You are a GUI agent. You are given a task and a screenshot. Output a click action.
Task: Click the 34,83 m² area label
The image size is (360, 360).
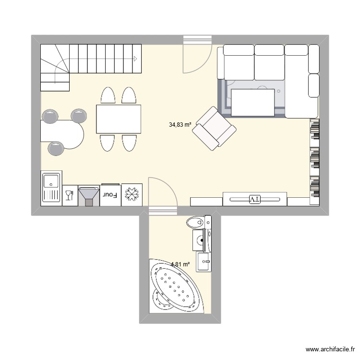point(180,125)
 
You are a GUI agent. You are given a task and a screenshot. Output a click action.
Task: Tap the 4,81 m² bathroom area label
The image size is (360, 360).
point(180,264)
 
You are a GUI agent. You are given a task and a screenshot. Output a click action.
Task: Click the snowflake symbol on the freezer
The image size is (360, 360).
point(132,195)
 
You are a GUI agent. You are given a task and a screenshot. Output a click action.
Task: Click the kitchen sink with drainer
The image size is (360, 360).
point(51,188)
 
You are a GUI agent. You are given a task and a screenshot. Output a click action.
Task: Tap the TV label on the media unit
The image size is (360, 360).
point(254,199)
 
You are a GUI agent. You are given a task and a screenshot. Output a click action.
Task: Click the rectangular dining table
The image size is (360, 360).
point(119,119)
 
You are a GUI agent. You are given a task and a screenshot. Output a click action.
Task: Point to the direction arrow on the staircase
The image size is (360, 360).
point(136,59)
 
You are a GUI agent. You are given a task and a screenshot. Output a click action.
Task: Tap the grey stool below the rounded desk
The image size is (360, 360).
point(57,148)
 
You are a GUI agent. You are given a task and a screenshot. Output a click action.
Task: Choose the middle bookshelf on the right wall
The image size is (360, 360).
point(315,159)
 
